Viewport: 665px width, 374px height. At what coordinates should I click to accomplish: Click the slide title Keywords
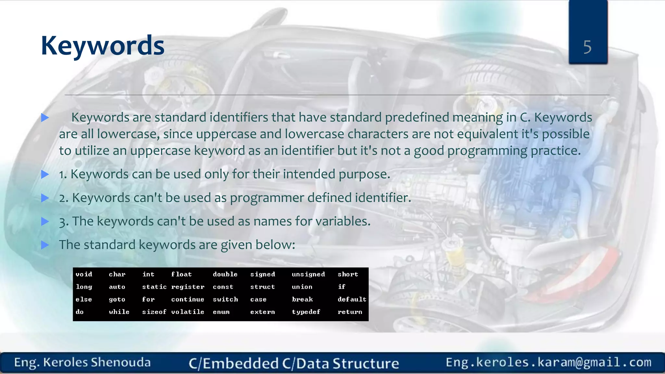click(103, 45)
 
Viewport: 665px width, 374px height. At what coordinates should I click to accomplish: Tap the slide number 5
click(587, 47)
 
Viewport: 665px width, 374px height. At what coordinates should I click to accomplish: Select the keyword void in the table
click(84, 274)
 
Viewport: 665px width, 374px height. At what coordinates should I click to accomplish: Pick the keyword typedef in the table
click(306, 312)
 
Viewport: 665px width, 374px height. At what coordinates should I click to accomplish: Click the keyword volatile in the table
click(188, 312)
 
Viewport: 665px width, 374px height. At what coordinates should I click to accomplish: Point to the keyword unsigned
click(308, 274)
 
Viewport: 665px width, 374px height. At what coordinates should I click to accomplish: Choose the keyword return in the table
click(350, 312)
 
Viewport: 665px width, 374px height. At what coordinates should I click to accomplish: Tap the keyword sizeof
click(154, 312)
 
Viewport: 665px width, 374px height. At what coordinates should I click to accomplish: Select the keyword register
click(188, 287)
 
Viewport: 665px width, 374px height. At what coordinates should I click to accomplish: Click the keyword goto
click(117, 299)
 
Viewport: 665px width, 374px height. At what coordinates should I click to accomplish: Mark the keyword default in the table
click(352, 299)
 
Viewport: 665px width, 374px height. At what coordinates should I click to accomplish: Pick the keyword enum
click(221, 312)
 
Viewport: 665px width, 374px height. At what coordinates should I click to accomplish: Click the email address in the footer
click(548, 362)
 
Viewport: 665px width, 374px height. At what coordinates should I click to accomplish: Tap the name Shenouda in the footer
click(120, 362)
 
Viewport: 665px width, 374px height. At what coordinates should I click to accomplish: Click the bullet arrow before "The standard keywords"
click(45, 245)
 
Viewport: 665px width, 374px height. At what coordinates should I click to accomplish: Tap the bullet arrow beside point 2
click(45, 198)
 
